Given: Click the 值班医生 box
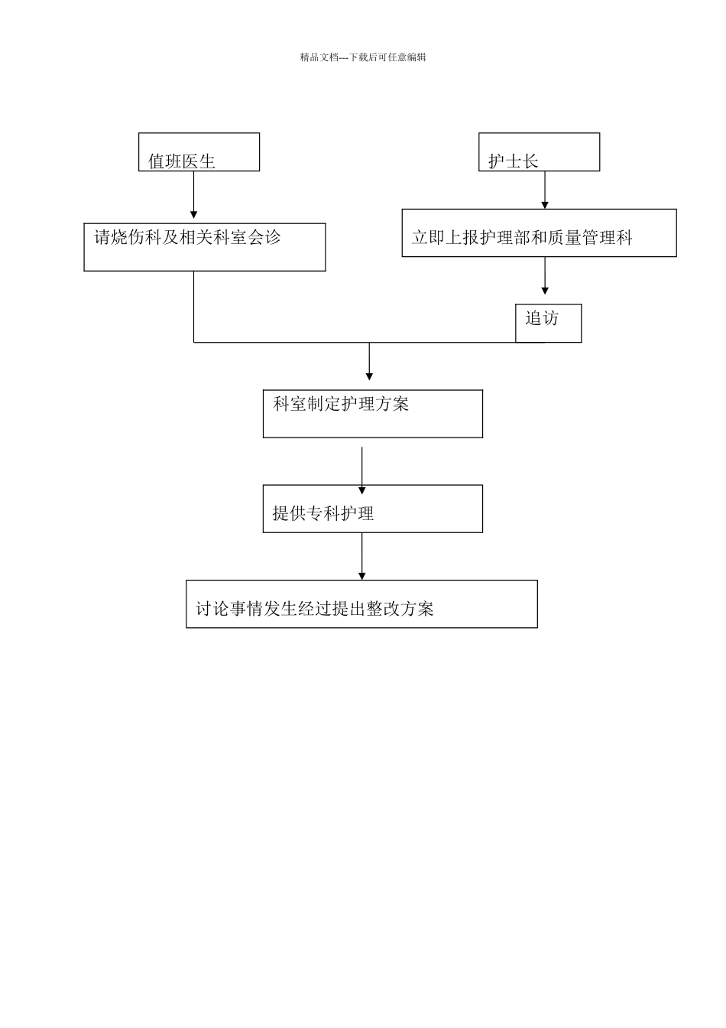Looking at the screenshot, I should pyautogui.click(x=199, y=152).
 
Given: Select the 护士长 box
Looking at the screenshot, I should pyautogui.click(x=539, y=152).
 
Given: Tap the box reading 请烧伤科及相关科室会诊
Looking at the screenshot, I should pyautogui.click(x=204, y=247).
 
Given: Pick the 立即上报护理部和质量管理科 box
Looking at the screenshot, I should pyautogui.click(x=539, y=233).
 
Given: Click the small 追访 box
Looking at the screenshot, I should pyautogui.click(x=548, y=323).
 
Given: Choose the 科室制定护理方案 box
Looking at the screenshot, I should pyautogui.click(x=372, y=414).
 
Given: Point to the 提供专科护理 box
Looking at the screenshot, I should pyautogui.click(x=372, y=509).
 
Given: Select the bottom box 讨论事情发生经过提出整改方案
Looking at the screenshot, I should pyautogui.click(x=361, y=604).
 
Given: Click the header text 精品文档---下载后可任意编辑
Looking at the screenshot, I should pyautogui.click(x=363, y=57).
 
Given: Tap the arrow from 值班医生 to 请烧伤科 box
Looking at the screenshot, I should pyautogui.click(x=194, y=197).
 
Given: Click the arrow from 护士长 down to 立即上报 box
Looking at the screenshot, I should pyautogui.click(x=545, y=190).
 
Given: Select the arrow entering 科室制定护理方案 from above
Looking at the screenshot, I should pyautogui.click(x=369, y=362).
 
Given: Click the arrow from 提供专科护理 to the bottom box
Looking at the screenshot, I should pyautogui.click(x=362, y=557).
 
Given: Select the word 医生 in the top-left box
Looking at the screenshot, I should pyautogui.click(x=199, y=161).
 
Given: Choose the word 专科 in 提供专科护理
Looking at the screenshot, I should pyautogui.click(x=323, y=513).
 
